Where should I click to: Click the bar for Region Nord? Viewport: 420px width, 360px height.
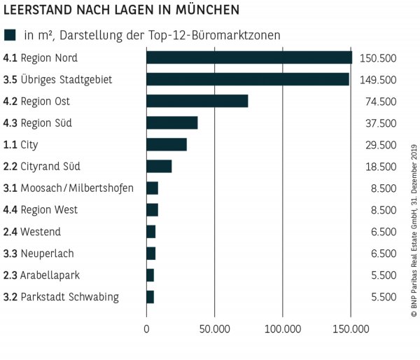[x=249, y=57]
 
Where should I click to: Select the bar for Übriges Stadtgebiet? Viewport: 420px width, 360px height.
[x=248, y=79]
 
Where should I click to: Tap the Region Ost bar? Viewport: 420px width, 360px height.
[x=197, y=101]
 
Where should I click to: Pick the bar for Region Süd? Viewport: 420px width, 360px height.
[x=172, y=123]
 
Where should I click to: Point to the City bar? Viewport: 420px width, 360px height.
[x=167, y=144]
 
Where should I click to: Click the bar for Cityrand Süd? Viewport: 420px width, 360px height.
[x=159, y=166]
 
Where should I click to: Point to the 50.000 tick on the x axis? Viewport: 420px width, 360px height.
[x=214, y=328]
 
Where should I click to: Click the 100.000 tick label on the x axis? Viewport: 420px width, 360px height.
[x=282, y=328]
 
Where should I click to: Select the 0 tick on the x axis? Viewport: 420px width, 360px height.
[x=147, y=328]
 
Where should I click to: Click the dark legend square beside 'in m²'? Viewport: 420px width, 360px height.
[x=10, y=35]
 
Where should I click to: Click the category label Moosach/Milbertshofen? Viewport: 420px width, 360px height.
[x=77, y=188]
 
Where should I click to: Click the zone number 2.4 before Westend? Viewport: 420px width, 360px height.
[x=10, y=231]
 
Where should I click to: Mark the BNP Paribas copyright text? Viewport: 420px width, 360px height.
[x=413, y=223]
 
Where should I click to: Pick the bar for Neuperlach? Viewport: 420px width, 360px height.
[x=151, y=253]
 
